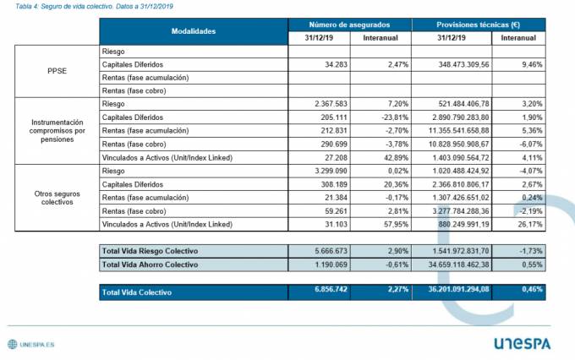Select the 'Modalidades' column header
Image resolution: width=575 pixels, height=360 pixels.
[194, 31]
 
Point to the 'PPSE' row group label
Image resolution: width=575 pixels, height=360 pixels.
[57, 71]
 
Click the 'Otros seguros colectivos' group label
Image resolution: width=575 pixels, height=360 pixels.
[57, 196]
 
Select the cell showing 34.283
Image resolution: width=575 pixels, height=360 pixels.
[320, 64]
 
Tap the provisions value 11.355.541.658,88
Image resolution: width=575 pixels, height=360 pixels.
[457, 130]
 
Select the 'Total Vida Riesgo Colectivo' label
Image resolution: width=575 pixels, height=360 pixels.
[150, 252]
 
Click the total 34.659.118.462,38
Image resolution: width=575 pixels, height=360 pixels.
[457, 265]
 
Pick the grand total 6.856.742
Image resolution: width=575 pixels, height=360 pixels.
[315, 291]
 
